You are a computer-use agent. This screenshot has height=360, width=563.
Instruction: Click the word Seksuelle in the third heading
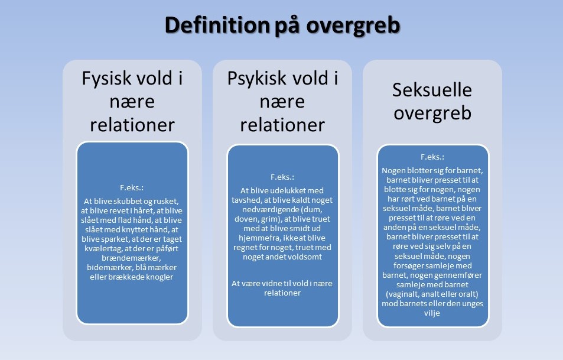(432, 90)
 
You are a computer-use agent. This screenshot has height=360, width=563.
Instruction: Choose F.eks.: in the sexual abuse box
(432, 158)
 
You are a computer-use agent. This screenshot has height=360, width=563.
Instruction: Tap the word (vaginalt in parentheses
(405, 294)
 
